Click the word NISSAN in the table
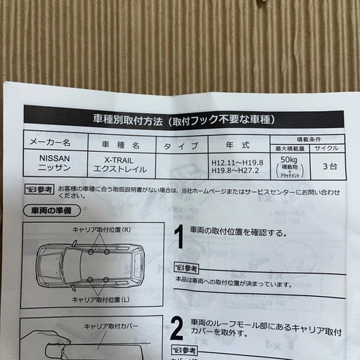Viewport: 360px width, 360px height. [53, 160]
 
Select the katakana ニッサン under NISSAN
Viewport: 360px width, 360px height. [53, 169]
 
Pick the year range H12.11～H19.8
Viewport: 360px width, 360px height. [236, 162]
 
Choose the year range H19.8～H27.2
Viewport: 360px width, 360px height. [236, 172]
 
